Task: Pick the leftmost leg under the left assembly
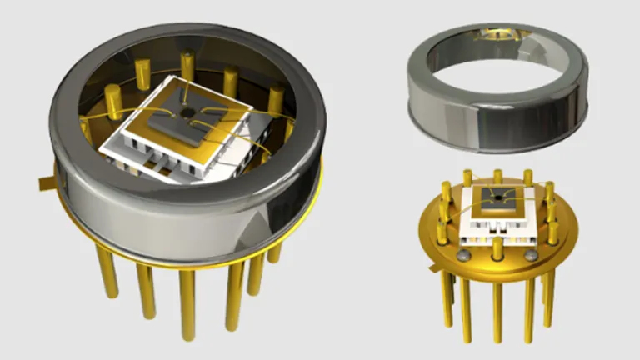[107, 271]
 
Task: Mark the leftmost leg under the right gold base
[447, 300]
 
